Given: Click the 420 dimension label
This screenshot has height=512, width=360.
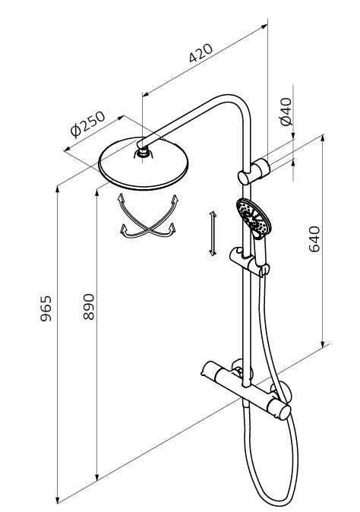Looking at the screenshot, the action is click(201, 52).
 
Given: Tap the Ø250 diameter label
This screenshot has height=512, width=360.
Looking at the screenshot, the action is click(88, 124).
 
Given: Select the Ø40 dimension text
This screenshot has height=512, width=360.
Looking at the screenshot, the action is click(286, 112).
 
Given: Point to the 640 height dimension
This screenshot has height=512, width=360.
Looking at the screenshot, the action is click(314, 239).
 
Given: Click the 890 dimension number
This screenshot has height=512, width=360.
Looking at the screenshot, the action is click(89, 307).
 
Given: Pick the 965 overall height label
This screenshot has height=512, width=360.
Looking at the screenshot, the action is click(46, 308).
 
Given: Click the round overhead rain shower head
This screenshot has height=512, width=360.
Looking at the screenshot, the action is click(144, 163).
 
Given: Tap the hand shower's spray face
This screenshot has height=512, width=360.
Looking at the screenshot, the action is click(254, 216).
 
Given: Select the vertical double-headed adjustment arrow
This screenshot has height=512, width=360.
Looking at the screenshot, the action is click(213, 233).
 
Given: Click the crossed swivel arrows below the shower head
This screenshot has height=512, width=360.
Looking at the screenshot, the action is click(148, 216).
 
